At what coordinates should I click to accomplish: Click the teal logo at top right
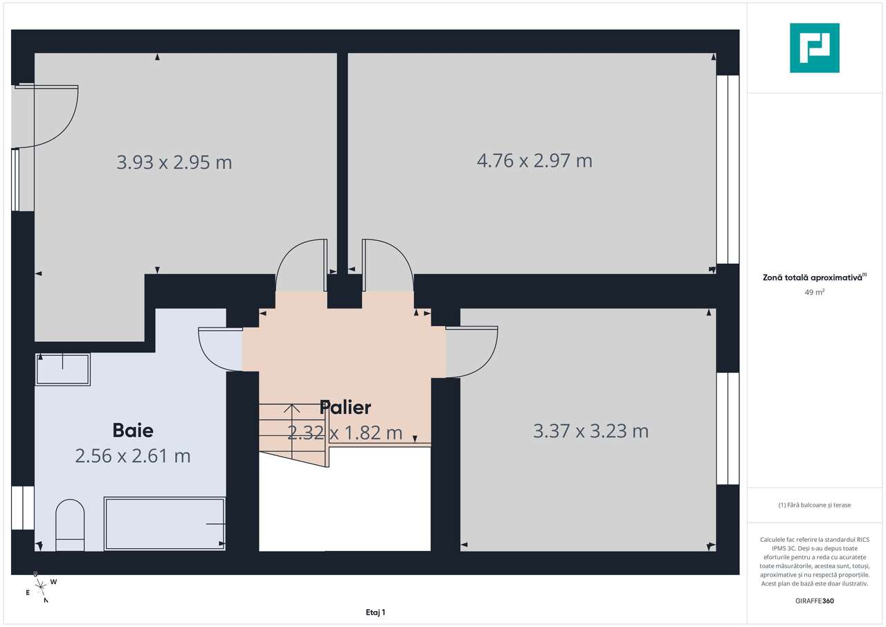pos(815,48)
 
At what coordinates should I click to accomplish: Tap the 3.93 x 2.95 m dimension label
pos(174,163)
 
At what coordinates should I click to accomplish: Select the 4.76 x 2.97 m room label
pos(534,161)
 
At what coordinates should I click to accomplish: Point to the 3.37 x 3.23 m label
pos(590,431)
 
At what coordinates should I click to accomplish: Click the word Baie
pos(133,430)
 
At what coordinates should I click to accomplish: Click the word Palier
pos(345,407)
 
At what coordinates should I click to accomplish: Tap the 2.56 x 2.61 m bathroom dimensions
pos(133,456)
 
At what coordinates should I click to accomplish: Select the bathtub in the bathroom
pos(165,524)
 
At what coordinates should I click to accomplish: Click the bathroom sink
pos(63,370)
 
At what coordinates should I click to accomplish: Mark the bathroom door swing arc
pos(216,350)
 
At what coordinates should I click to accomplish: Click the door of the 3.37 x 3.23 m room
pos(473,352)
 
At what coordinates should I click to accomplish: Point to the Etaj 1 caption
pos(375,612)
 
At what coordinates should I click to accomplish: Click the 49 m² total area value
pos(814,292)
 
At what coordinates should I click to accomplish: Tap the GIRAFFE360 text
pos(814,601)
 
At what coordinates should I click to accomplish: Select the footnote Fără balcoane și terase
pos(814,505)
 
